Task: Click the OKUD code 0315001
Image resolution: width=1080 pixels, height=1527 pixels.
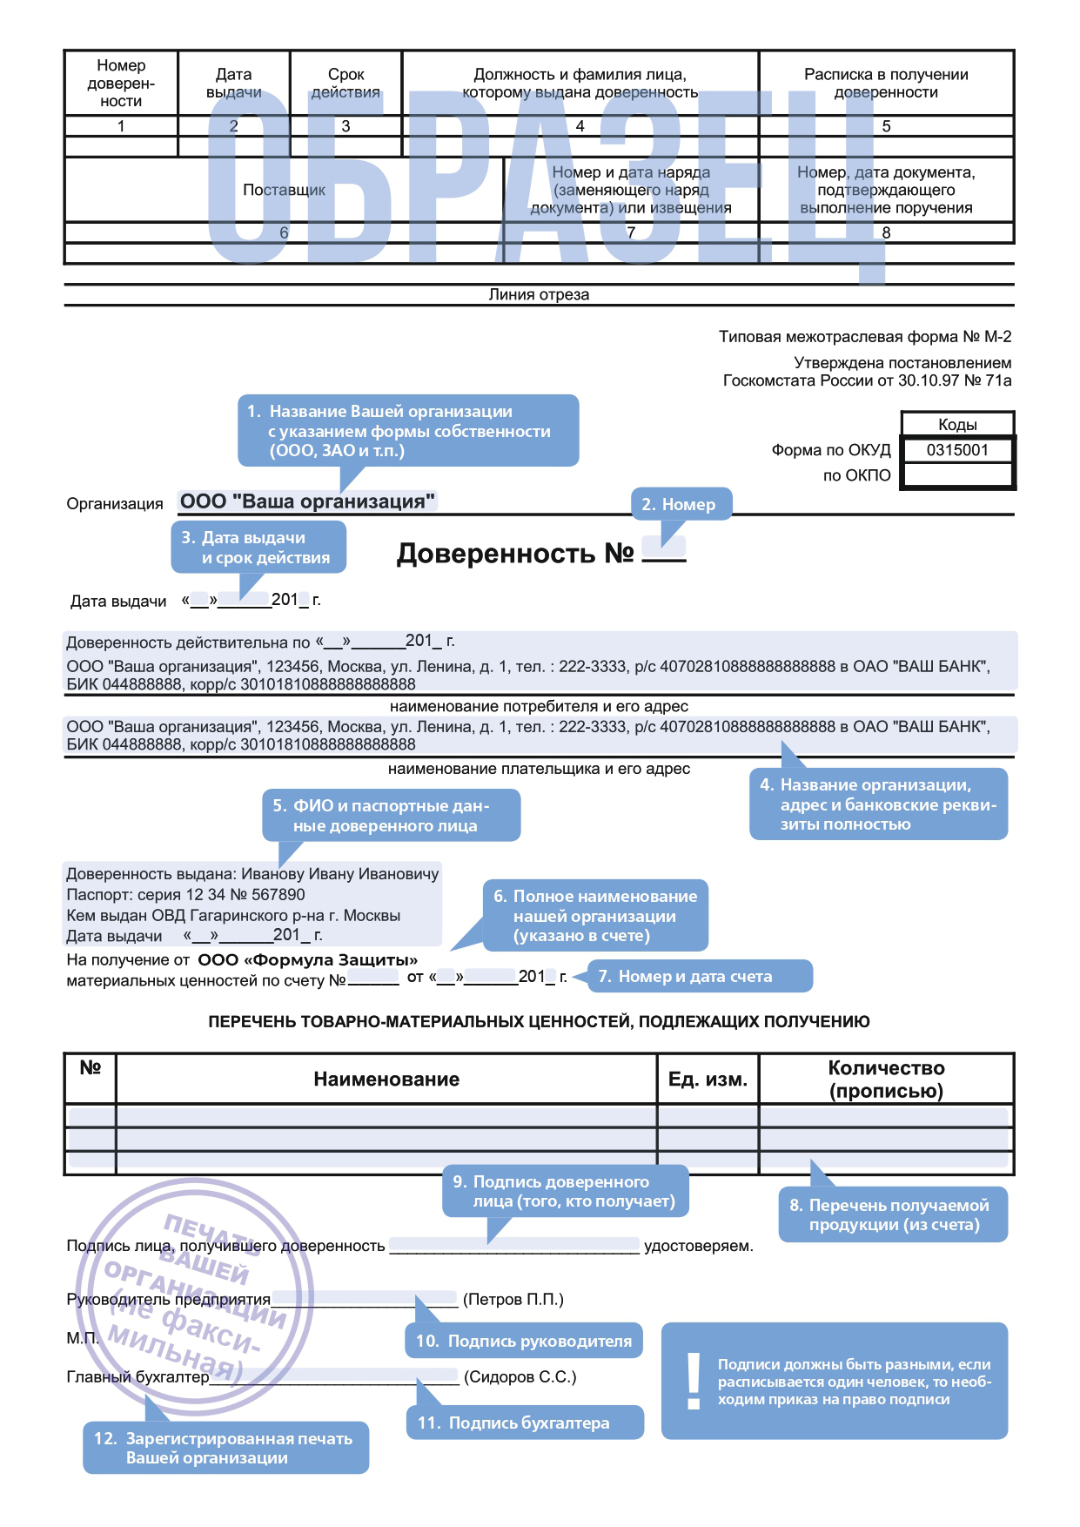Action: coord(957,450)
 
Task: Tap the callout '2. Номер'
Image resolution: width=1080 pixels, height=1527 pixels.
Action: coord(679,504)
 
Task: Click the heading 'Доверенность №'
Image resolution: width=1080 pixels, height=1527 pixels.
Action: coord(514,554)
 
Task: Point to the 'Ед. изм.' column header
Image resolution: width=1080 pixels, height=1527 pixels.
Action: coord(708,1080)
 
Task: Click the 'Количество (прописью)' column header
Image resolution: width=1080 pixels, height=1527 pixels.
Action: coord(886,1080)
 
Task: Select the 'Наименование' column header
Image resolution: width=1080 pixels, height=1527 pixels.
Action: coord(386,1080)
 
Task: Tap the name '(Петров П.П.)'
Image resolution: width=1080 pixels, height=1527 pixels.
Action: coord(513,1299)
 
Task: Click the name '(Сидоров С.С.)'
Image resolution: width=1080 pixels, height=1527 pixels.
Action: coord(520,1376)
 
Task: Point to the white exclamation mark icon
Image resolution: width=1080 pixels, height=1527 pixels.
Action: coord(694,1381)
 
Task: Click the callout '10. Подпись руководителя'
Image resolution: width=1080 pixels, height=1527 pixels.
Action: coord(524,1341)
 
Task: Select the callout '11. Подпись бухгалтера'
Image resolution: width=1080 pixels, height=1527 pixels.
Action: coord(525,1423)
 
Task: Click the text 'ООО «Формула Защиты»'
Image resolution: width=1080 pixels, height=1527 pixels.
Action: coord(308,959)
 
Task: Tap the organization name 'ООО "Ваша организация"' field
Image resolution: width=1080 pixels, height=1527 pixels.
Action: coord(307,501)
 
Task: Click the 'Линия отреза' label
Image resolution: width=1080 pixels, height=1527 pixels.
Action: coord(539,294)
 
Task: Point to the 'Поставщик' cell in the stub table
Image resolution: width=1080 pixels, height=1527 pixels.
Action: coord(284,190)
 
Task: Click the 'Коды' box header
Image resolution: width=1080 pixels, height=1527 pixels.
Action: coord(957,425)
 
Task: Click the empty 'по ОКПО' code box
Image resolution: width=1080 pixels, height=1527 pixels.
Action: coord(957,475)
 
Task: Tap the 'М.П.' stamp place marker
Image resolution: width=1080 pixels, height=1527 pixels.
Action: coord(83,1338)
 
